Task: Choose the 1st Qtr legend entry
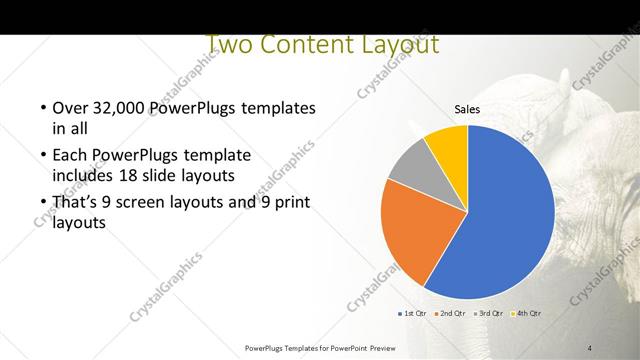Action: [x=413, y=314]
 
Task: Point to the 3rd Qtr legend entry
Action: [x=490, y=314]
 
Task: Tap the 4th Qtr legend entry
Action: [x=527, y=314]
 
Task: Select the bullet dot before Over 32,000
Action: [x=43, y=108]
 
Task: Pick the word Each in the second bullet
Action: [x=67, y=156]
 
